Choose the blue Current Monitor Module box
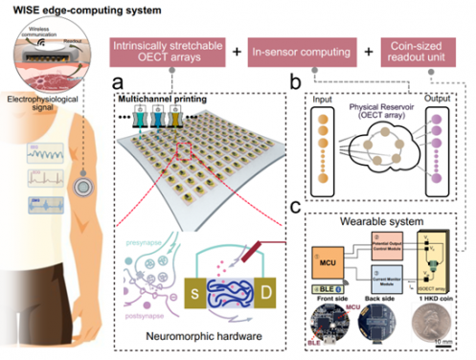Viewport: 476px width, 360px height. pyautogui.click(x=374, y=278)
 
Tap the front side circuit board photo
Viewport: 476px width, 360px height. pyautogui.click(x=325, y=327)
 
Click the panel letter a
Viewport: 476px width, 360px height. pyautogui.click(x=120, y=82)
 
